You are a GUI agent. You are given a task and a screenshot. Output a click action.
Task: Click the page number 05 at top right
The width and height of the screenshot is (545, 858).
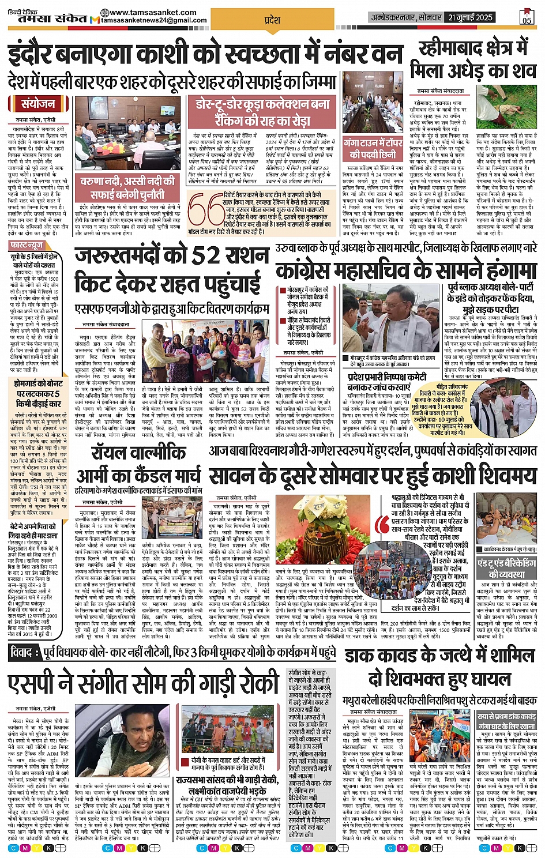(527, 18)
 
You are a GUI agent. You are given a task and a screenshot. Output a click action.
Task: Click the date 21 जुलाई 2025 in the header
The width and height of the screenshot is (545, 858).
(471, 17)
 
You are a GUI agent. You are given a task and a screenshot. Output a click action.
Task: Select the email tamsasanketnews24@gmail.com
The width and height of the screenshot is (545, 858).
(153, 21)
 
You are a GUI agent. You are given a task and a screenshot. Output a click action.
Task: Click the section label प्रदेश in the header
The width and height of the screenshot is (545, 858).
(272, 20)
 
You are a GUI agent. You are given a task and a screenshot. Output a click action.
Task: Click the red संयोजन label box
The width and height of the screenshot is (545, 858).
(39, 104)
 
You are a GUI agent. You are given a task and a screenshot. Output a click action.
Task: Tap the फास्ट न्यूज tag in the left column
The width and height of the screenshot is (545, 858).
(27, 246)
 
